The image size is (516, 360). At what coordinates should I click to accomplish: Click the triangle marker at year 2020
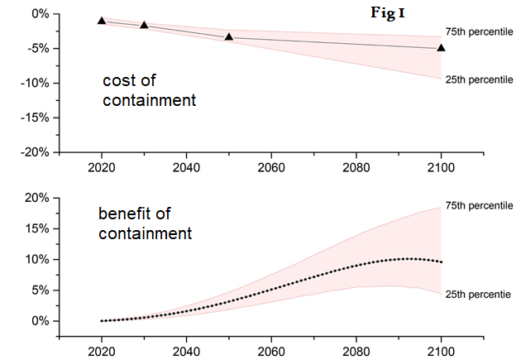(x=102, y=21)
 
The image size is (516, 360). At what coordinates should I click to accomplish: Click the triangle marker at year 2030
(x=144, y=25)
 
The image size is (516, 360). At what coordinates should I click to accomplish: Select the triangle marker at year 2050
(x=229, y=36)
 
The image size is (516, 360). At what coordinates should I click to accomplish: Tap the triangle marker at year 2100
(x=441, y=47)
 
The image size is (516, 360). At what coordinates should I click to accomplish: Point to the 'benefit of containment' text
(x=146, y=223)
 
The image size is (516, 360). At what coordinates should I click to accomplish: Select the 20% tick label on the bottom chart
(x=38, y=198)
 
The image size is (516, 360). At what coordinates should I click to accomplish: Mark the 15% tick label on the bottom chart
(x=38, y=228)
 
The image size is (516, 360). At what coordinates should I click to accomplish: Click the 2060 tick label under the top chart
(x=271, y=166)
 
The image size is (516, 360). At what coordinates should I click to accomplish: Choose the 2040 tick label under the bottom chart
(x=186, y=350)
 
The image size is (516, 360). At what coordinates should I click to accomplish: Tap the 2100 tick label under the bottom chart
(x=441, y=350)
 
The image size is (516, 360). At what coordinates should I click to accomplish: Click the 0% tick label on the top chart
(x=40, y=14)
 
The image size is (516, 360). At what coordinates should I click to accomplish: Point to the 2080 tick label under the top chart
(x=356, y=166)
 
